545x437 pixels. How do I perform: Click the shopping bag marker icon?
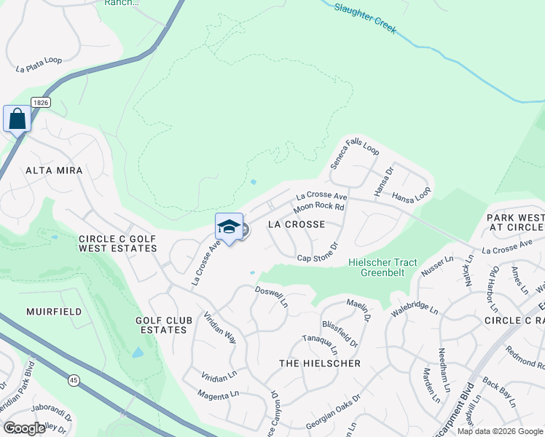[x=17, y=119]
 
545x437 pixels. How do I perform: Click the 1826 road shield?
[x=40, y=103]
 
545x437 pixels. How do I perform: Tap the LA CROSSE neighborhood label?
[x=297, y=224]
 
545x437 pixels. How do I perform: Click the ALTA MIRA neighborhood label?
[x=55, y=170]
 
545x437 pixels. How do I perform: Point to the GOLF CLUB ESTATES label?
[x=164, y=325]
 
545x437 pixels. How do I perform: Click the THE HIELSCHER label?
[x=321, y=363]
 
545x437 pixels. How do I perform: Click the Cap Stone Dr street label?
[x=318, y=253]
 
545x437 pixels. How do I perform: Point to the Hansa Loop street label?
[x=411, y=194]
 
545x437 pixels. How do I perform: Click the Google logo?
[x=25, y=428]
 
